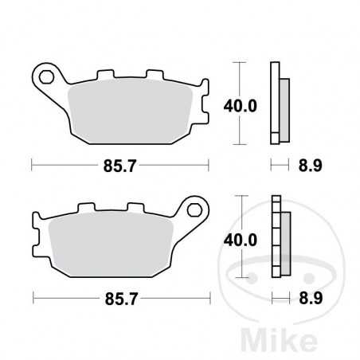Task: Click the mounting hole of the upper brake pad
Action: coord(46,77)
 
